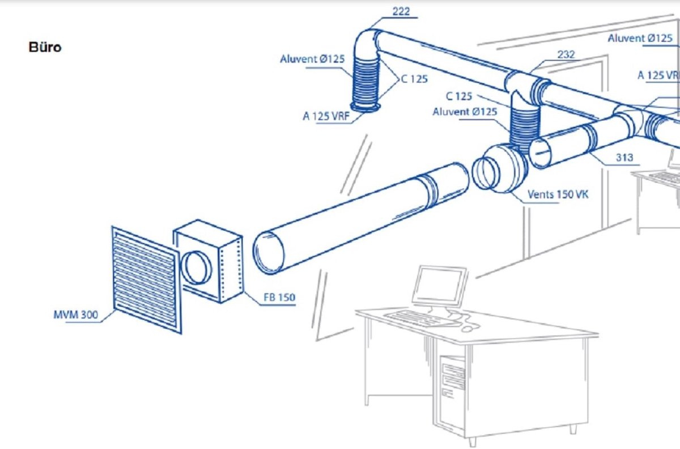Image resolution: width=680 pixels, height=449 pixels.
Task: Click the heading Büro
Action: tap(45, 48)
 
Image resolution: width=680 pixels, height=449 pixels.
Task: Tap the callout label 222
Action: tap(401, 11)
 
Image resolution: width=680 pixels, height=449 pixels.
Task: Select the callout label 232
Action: tap(566, 54)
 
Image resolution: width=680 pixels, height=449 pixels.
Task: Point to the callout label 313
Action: tap(624, 158)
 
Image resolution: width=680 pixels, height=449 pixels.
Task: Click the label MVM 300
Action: tap(76, 315)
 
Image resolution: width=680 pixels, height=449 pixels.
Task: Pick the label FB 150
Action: tap(279, 298)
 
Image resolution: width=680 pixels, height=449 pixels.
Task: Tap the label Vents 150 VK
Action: tap(558, 194)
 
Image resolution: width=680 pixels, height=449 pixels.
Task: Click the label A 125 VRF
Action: tap(326, 116)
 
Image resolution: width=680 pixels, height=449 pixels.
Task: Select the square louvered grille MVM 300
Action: tap(146, 279)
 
